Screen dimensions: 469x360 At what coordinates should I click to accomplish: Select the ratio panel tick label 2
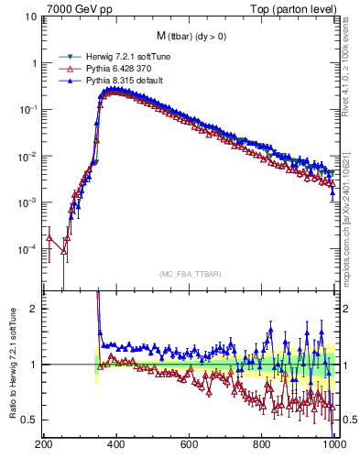(33, 309)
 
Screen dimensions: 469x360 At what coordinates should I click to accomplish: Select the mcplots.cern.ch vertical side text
(350, 202)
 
